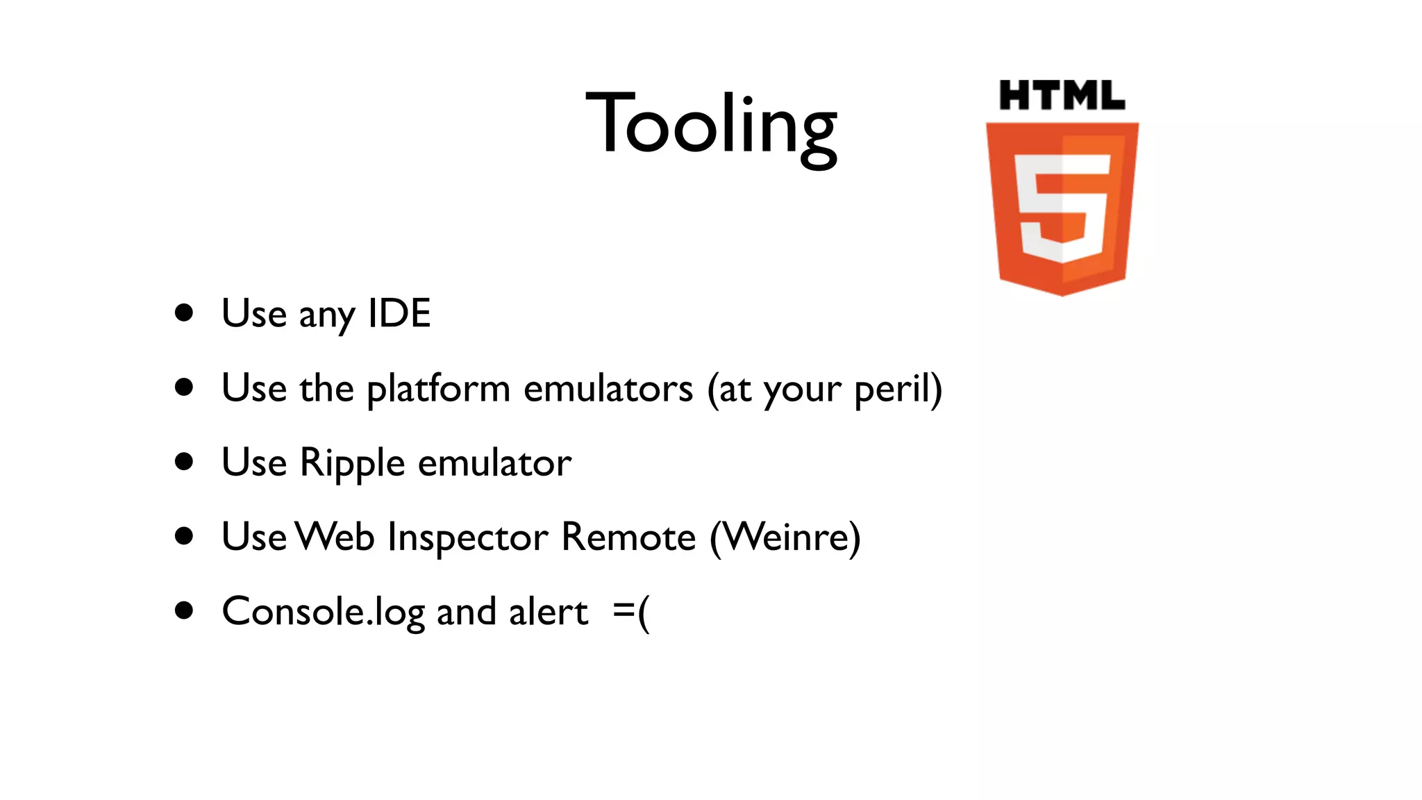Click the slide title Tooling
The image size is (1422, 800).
point(711,125)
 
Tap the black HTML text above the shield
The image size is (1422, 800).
point(1062,96)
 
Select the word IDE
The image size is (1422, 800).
point(399,313)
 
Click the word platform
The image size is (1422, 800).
point(438,389)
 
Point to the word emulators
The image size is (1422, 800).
point(608,389)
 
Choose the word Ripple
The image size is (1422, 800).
point(352,463)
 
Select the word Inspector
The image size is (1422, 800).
point(468,537)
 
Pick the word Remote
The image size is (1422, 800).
point(628,537)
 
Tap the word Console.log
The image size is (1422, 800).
point(323,612)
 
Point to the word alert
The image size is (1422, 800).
point(549,612)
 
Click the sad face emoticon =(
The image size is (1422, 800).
point(632,612)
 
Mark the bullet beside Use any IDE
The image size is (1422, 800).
point(184,312)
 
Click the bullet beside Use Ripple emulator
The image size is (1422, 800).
point(184,462)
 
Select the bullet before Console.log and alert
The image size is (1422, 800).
point(184,610)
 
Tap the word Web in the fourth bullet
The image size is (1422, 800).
point(335,537)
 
